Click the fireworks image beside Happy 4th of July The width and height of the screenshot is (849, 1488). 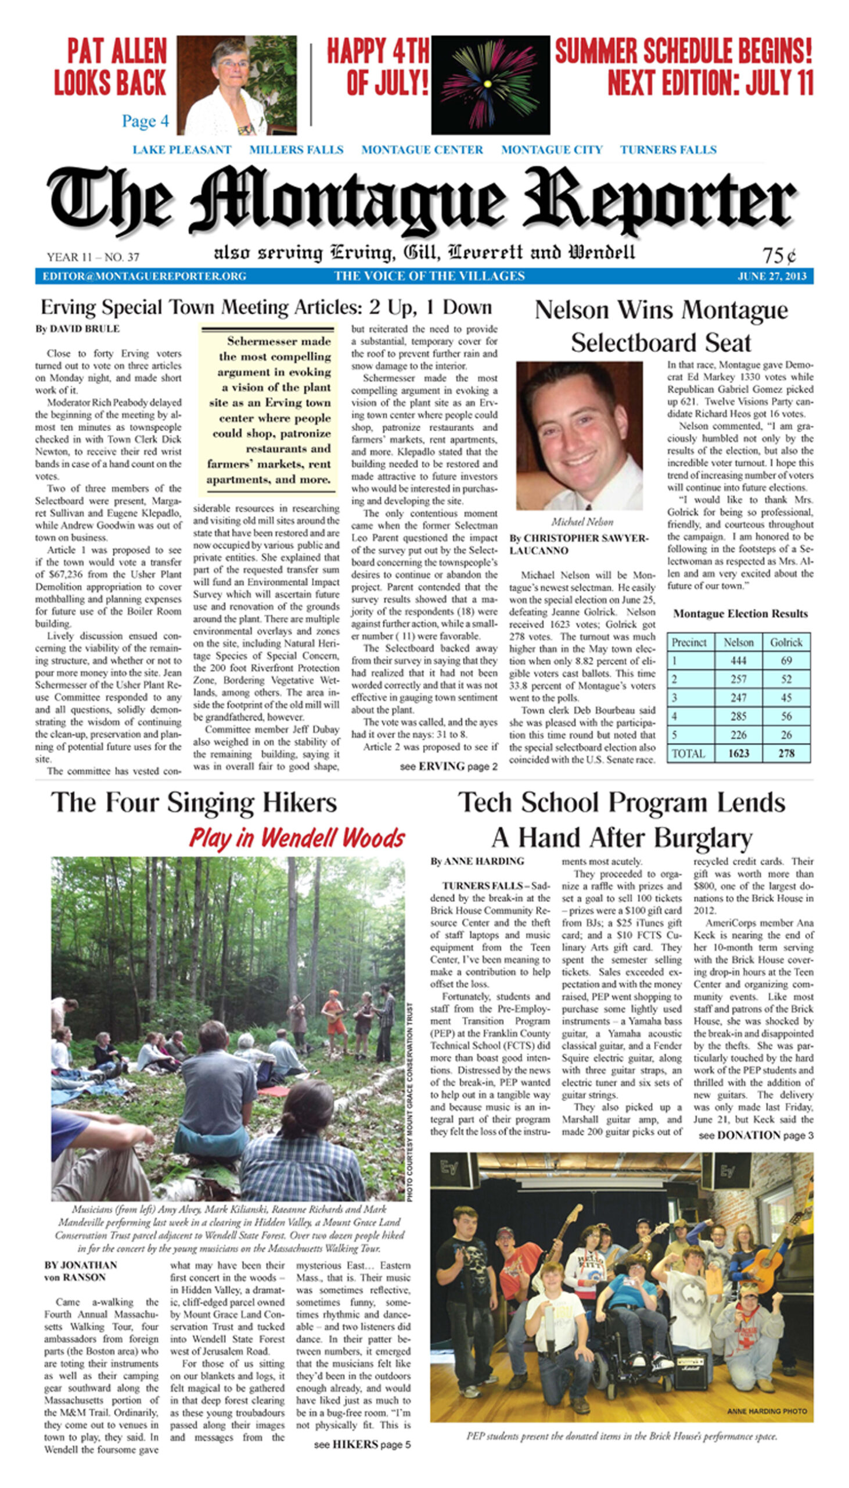click(x=490, y=85)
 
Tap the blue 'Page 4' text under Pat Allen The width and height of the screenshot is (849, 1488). click(x=145, y=121)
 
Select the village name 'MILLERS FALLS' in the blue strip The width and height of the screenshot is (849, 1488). click(x=296, y=150)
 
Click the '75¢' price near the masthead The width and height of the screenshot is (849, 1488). click(x=779, y=255)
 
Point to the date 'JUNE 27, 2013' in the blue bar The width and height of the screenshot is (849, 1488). click(x=772, y=276)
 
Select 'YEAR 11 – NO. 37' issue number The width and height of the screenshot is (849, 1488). click(x=93, y=257)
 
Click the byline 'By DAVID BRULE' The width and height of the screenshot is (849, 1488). click(x=78, y=329)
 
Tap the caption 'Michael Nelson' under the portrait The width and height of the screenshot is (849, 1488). click(x=582, y=522)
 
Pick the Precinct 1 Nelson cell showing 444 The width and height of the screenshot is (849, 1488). click(x=738, y=660)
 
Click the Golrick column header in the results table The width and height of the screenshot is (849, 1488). click(x=786, y=642)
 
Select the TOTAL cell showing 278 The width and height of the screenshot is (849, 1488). click(x=786, y=753)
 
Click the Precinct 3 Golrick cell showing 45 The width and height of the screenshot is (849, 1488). click(x=786, y=698)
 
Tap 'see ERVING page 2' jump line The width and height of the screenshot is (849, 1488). click(x=448, y=766)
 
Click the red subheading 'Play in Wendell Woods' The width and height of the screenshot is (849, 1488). click(x=297, y=838)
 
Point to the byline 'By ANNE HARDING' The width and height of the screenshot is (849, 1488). click(x=477, y=861)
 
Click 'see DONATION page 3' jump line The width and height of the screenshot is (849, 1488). click(x=756, y=1135)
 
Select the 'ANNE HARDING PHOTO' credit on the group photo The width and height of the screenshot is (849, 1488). click(x=767, y=1411)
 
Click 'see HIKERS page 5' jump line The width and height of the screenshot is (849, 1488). click(x=362, y=1444)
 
